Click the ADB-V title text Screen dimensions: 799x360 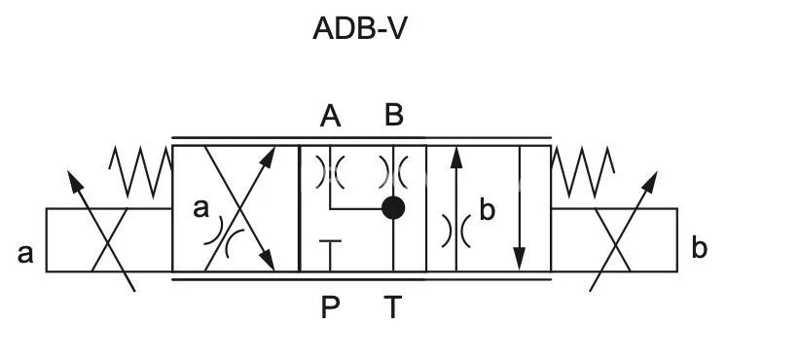[x=359, y=29]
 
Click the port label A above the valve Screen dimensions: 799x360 [x=331, y=117]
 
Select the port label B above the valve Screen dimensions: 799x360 [x=393, y=116]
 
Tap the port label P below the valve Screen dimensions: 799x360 [x=331, y=307]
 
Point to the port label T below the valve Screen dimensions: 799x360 [x=392, y=307]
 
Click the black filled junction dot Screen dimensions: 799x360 [x=393, y=207]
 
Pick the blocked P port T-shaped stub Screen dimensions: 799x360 [x=331, y=249]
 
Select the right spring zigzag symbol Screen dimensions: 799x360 [x=583, y=170]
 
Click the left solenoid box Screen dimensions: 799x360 [x=109, y=239]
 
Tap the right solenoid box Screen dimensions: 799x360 [x=614, y=239]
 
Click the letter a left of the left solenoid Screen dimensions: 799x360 [x=26, y=254]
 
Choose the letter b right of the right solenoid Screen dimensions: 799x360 [x=699, y=248]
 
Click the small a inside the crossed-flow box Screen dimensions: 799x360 [x=201, y=207]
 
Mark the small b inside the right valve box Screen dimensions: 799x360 [x=488, y=209]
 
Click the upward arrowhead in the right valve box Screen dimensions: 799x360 [x=455, y=158]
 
